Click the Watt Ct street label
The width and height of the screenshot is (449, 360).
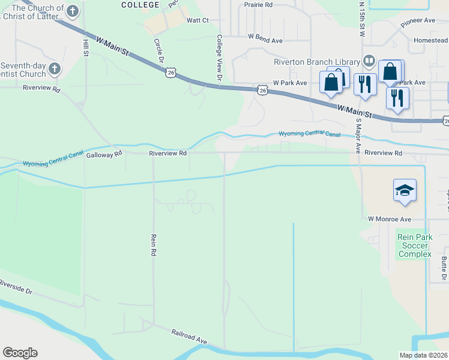pos(197,20)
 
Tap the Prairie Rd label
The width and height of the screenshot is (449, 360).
pos(258,5)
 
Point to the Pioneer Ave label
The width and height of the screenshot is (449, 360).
pos(418,20)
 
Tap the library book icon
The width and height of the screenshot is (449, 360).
pos(369,61)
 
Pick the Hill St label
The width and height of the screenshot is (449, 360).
pos(85,46)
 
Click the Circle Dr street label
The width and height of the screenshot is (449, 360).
pos(159,52)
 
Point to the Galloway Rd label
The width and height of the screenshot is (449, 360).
pos(104,154)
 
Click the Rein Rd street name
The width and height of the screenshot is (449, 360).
pos(154,245)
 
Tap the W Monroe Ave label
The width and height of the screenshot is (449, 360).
pos(389,220)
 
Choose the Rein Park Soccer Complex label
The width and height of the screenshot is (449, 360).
pos(414,245)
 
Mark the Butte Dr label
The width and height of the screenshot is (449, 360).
pos(444,269)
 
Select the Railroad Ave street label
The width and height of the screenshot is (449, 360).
pos(189,336)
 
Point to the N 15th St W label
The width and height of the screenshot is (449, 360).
pos(362,19)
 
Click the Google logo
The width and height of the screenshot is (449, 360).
pos(20,353)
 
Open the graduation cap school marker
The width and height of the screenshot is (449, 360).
pos(405,191)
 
